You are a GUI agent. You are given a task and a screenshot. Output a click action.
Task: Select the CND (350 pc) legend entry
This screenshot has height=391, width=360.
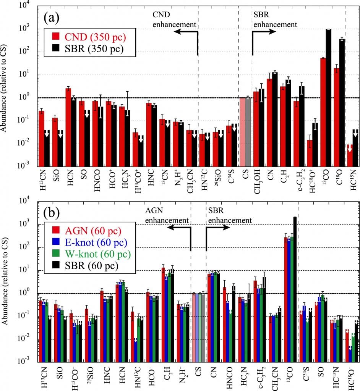(91, 37)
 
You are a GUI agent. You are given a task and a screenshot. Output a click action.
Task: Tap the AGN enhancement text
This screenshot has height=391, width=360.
(167, 215)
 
